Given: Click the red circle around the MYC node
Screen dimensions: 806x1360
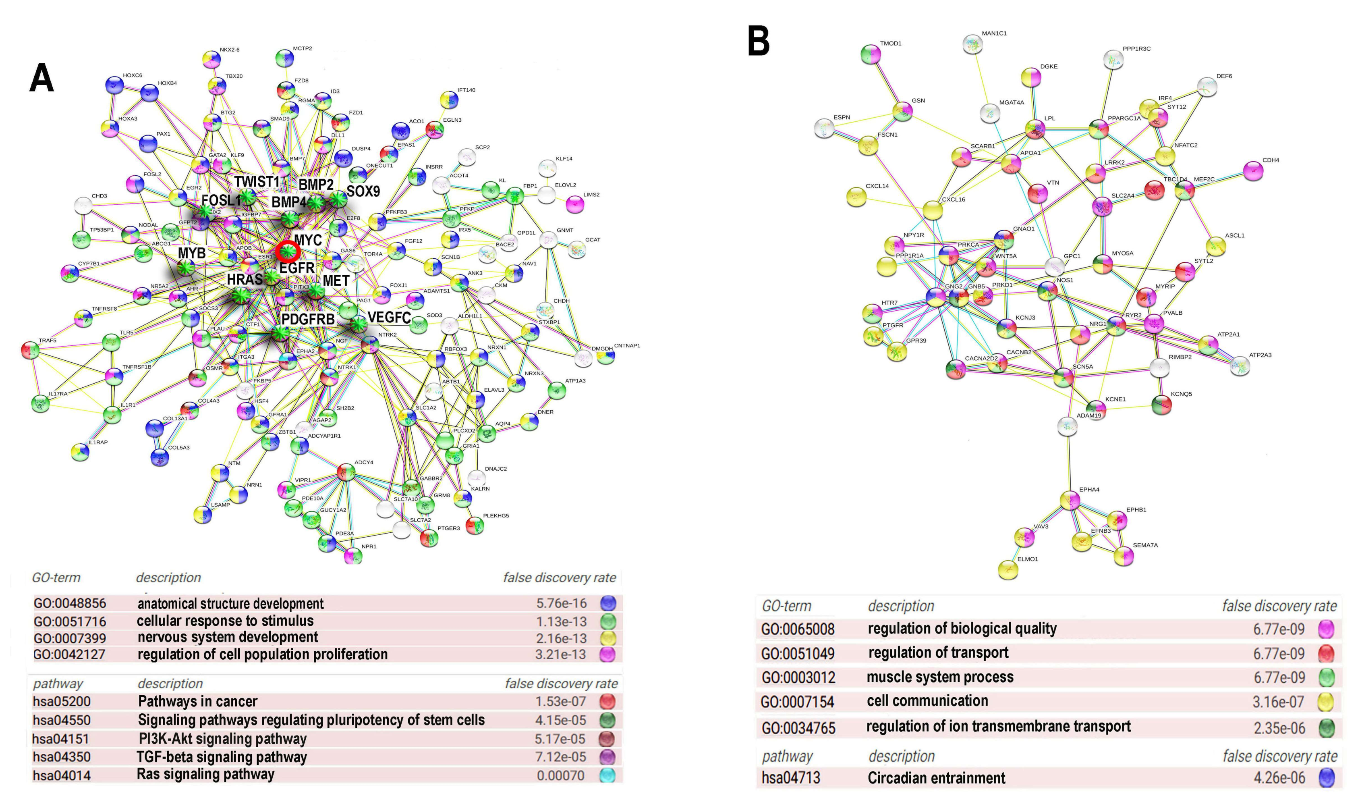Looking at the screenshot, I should tap(287, 251).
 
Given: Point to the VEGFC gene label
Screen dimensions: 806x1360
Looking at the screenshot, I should tap(389, 317).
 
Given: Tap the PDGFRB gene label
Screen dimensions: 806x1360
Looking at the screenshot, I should tap(308, 319).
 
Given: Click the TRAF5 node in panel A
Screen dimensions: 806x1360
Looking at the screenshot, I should tap(30, 350).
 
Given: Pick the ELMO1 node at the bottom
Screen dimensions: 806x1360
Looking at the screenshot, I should tap(1008, 570).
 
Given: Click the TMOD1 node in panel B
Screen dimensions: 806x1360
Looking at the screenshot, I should tap(871, 54).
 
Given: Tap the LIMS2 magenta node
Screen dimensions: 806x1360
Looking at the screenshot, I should tap(575, 204).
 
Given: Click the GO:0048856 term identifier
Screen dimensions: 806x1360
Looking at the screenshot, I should tap(70, 603).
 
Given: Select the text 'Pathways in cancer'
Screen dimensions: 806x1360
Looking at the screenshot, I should tap(198, 701).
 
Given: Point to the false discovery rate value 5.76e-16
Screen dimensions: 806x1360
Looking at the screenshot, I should tap(562, 603).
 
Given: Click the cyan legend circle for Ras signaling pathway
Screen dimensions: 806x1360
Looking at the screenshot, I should tap(607, 775).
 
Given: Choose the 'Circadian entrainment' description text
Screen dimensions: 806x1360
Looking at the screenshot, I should tap(936, 778).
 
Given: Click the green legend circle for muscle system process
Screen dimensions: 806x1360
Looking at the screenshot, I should tap(1326, 677).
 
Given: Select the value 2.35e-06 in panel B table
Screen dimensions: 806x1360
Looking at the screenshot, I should tap(1279, 728).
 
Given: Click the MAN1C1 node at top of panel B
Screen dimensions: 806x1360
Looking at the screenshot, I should tap(972, 44).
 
